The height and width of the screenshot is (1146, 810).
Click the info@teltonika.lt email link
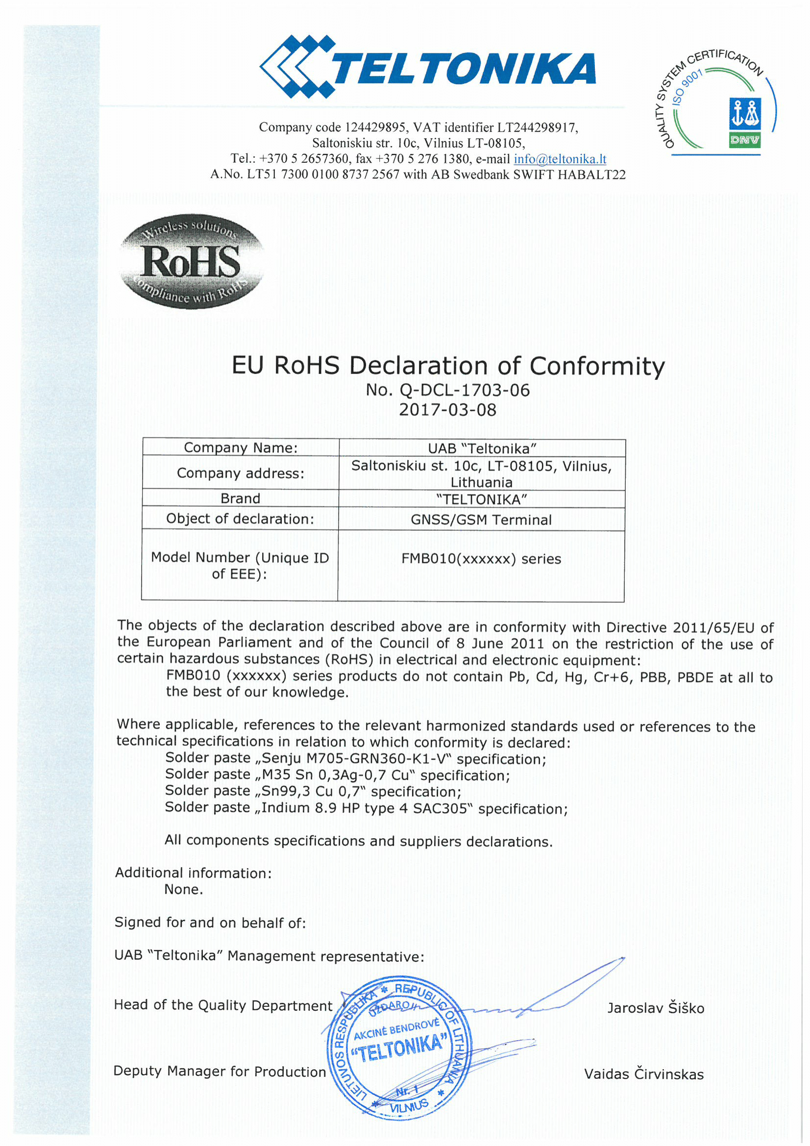[560, 159]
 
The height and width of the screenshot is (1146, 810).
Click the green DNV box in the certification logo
[744, 140]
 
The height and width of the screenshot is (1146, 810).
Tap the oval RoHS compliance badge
[191, 262]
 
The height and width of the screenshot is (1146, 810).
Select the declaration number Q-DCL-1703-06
[464, 390]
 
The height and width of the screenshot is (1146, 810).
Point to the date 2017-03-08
[447, 410]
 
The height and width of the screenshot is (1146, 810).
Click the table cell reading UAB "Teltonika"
[482, 448]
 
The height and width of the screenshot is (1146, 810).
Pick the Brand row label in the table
[240, 498]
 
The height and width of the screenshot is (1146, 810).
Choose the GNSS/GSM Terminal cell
[481, 520]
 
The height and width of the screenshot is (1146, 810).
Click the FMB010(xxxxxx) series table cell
[481, 558]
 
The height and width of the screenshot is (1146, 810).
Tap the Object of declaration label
[240, 519]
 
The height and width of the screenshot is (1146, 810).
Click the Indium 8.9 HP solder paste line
[367, 808]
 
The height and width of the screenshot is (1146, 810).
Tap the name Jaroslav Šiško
[655, 1008]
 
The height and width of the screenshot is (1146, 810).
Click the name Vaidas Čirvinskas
[643, 1073]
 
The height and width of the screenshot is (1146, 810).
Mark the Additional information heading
[194, 872]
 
